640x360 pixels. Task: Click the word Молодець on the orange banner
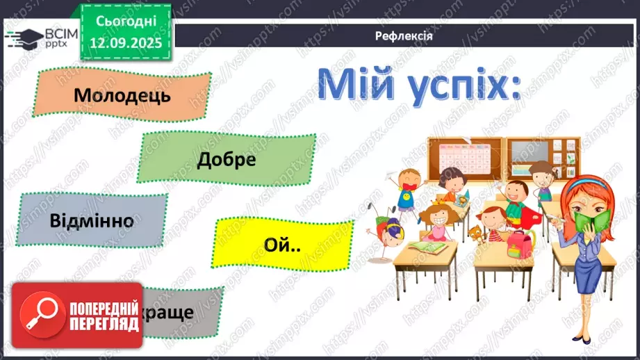coord(122,95)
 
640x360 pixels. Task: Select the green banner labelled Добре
coord(227,159)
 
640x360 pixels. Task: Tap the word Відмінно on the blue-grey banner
coord(92,222)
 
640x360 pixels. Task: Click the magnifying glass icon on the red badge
coord(38,315)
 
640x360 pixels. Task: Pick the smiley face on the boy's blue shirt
coord(404,201)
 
